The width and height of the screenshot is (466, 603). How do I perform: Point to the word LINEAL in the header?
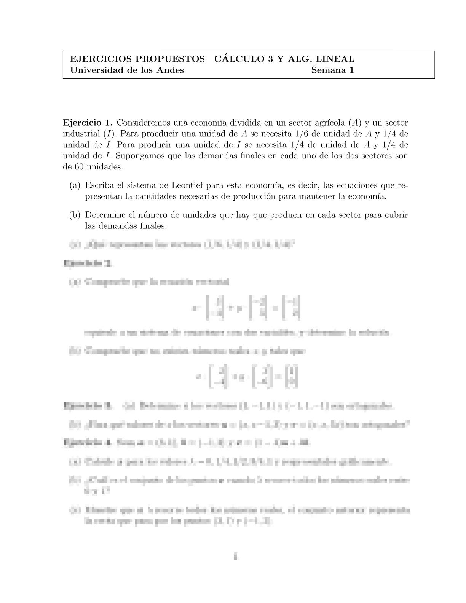[x=335, y=59]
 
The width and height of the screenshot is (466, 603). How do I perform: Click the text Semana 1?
[x=332, y=70]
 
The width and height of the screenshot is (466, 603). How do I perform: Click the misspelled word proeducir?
[x=169, y=134]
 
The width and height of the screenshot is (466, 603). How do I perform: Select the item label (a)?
[x=75, y=186]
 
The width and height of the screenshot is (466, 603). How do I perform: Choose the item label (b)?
[x=75, y=215]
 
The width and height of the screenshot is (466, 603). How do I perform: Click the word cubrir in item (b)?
[x=397, y=215]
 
